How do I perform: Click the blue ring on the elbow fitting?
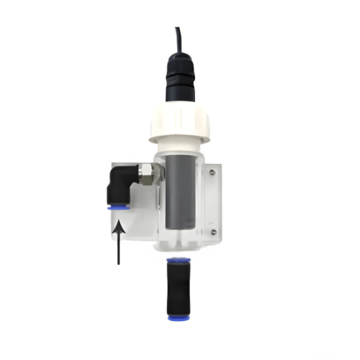(x=117, y=207)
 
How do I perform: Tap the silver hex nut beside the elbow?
(x=147, y=174)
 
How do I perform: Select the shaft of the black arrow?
(x=117, y=248)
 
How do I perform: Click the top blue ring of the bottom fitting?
(x=177, y=258)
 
